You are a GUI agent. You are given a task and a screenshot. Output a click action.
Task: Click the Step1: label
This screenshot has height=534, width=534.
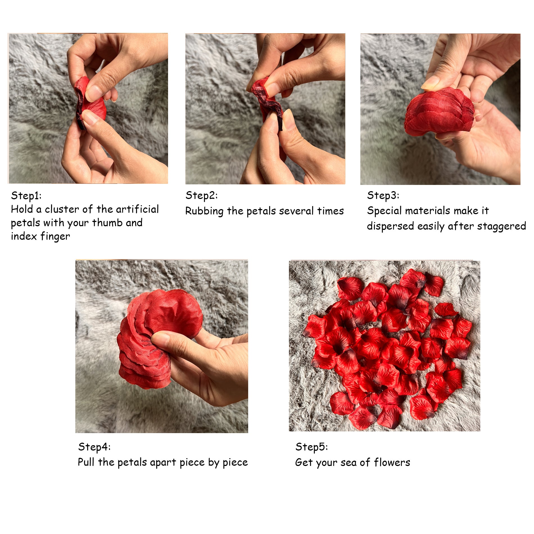pos(26,196)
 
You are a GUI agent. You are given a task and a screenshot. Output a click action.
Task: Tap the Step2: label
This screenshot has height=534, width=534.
pos(202,196)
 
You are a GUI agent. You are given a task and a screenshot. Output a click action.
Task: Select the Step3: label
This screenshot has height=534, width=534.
pos(383,196)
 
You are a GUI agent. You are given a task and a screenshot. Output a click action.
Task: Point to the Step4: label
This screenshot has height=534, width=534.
pos(94,447)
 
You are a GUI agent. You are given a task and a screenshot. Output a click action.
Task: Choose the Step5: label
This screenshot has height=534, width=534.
pos(312,447)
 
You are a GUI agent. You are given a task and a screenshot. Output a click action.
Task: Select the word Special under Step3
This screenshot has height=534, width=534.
pos(385,211)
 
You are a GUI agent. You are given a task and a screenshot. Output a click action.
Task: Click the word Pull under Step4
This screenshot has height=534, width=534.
pos(86,462)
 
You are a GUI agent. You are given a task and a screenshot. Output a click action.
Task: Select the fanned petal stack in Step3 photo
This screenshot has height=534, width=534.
pos(438,112)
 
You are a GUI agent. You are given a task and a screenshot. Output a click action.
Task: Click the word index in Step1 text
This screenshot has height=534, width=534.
pos(24,236)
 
